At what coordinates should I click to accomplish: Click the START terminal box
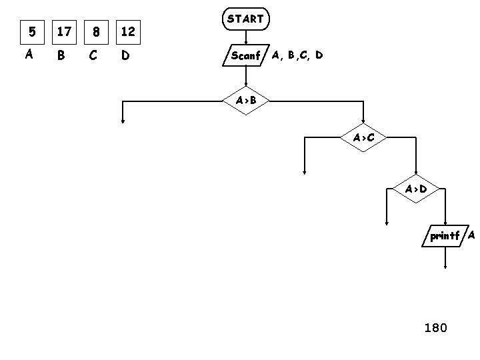[245, 19]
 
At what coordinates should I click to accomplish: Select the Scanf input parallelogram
[245, 56]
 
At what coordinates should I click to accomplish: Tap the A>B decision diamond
[245, 101]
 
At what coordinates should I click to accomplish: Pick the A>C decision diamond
[363, 138]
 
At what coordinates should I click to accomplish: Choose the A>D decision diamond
[416, 189]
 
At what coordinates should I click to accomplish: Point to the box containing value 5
[29, 31]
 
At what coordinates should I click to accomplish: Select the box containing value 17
[64, 31]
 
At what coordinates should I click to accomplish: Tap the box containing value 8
[97, 31]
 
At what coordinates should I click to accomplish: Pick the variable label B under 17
[61, 55]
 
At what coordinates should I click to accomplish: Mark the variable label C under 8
[93, 55]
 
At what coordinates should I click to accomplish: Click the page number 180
[436, 327]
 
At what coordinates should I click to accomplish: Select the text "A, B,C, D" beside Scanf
[297, 55]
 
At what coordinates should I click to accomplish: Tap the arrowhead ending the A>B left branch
[123, 121]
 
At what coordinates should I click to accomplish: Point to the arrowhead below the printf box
[445, 266]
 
